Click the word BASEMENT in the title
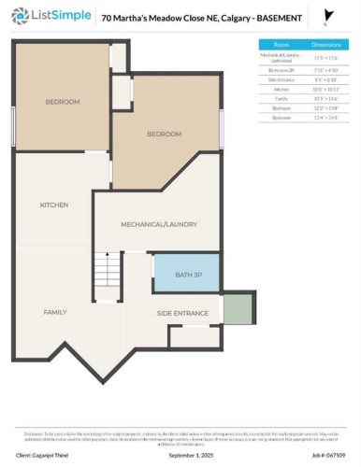280,18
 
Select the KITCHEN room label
53,205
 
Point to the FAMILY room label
55,311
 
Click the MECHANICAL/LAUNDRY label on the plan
156,225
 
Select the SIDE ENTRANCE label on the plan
182,312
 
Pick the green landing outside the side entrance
238,308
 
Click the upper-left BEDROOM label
63,101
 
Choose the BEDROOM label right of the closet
164,134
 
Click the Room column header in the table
281,44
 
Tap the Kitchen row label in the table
281,89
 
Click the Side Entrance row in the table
281,79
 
